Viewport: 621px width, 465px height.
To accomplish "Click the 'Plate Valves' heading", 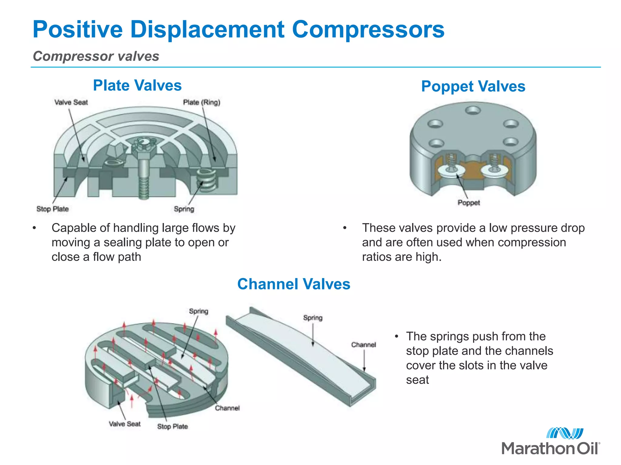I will [137, 85].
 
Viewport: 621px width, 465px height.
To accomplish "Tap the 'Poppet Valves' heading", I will [473, 86].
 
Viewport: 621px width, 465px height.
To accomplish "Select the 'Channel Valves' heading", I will [294, 284].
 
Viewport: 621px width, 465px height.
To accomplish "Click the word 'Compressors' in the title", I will [368, 29].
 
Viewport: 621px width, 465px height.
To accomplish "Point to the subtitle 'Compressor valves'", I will [96, 56].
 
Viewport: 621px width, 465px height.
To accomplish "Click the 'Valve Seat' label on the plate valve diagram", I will [71, 102].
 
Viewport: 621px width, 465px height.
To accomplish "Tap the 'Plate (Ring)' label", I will [201, 102].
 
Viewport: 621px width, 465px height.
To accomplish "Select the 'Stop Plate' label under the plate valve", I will [52, 209].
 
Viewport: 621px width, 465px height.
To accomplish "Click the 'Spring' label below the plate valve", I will [184, 209].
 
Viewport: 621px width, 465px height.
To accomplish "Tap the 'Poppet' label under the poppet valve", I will [468, 203].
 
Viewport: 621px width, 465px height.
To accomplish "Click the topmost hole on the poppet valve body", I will [473, 110].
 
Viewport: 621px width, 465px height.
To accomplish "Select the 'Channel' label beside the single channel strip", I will [363, 345].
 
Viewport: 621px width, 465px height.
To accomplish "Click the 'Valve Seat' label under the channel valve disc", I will [125, 424].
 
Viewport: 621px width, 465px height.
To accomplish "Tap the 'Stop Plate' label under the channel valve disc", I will [172, 427].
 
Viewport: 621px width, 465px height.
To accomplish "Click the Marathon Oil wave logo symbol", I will [564, 433].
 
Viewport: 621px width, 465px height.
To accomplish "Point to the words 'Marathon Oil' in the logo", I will [550, 448].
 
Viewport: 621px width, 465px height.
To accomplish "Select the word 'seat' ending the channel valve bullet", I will [417, 380].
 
